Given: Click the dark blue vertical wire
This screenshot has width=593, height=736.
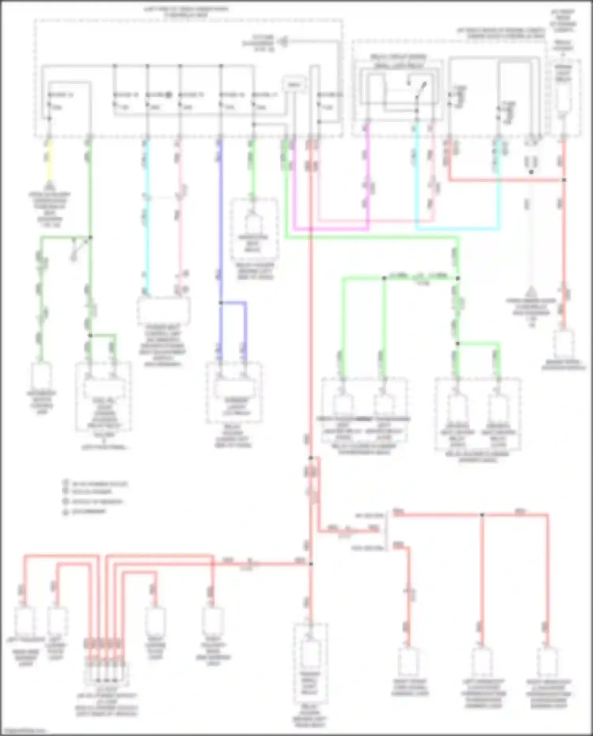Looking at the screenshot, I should coord(221,221).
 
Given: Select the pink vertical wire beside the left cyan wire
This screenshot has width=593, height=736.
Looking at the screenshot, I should coord(179,218).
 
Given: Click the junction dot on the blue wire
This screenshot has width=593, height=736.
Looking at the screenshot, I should coord(221,303).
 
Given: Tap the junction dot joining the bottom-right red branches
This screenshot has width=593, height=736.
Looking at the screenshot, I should coord(482,515).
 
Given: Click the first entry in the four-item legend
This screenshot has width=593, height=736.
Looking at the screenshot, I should coord(95,484).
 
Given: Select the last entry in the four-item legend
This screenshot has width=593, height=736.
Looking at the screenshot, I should coord(85,511).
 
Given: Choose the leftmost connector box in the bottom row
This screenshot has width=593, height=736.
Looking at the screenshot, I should coord(25,621).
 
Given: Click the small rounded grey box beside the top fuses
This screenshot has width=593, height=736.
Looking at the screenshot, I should coord(293,85).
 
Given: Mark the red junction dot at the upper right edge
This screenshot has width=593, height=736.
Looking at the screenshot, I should coord(564,180).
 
